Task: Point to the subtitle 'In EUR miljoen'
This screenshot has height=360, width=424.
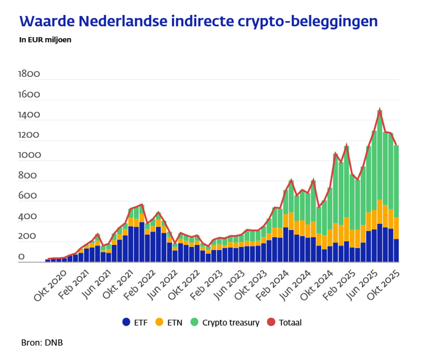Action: [45, 40]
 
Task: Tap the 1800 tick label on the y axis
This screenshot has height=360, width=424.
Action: [29, 74]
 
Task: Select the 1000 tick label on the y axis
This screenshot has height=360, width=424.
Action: [29, 155]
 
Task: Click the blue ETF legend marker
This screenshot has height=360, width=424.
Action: [126, 322]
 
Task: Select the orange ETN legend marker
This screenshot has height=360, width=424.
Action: [159, 322]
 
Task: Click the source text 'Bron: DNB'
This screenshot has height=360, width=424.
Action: [42, 343]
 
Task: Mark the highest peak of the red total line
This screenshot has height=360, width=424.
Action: [379, 109]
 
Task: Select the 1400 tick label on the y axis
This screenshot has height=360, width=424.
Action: [29, 115]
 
